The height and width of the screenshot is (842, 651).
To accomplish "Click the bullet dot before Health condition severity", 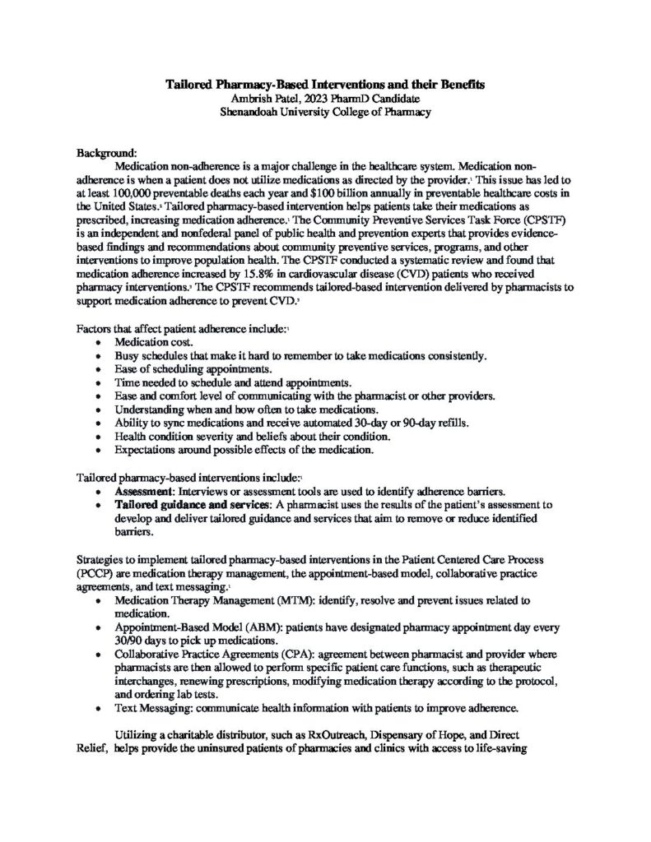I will [100, 437].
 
